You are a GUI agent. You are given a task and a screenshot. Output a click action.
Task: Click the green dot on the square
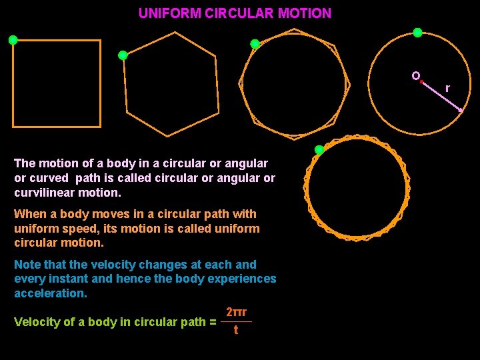(x=13, y=40)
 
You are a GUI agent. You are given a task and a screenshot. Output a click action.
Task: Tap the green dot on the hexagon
(x=123, y=55)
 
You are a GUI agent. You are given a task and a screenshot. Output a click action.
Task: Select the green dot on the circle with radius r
(x=417, y=32)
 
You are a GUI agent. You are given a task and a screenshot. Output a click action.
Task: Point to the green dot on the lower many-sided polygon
(x=319, y=149)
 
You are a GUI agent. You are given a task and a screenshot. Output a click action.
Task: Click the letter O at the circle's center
(x=415, y=76)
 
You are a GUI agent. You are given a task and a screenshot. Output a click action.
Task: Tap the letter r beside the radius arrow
(x=447, y=88)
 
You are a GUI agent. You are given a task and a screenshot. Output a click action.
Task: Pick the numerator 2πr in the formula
(x=237, y=312)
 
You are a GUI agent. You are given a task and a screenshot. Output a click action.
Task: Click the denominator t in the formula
(x=236, y=329)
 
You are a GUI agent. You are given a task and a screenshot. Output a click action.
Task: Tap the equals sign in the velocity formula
(x=213, y=322)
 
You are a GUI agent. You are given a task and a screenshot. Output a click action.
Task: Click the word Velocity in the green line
(x=37, y=322)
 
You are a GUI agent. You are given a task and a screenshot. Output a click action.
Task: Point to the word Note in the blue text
(x=27, y=265)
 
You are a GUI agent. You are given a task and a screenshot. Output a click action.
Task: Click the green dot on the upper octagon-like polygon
(x=255, y=44)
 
